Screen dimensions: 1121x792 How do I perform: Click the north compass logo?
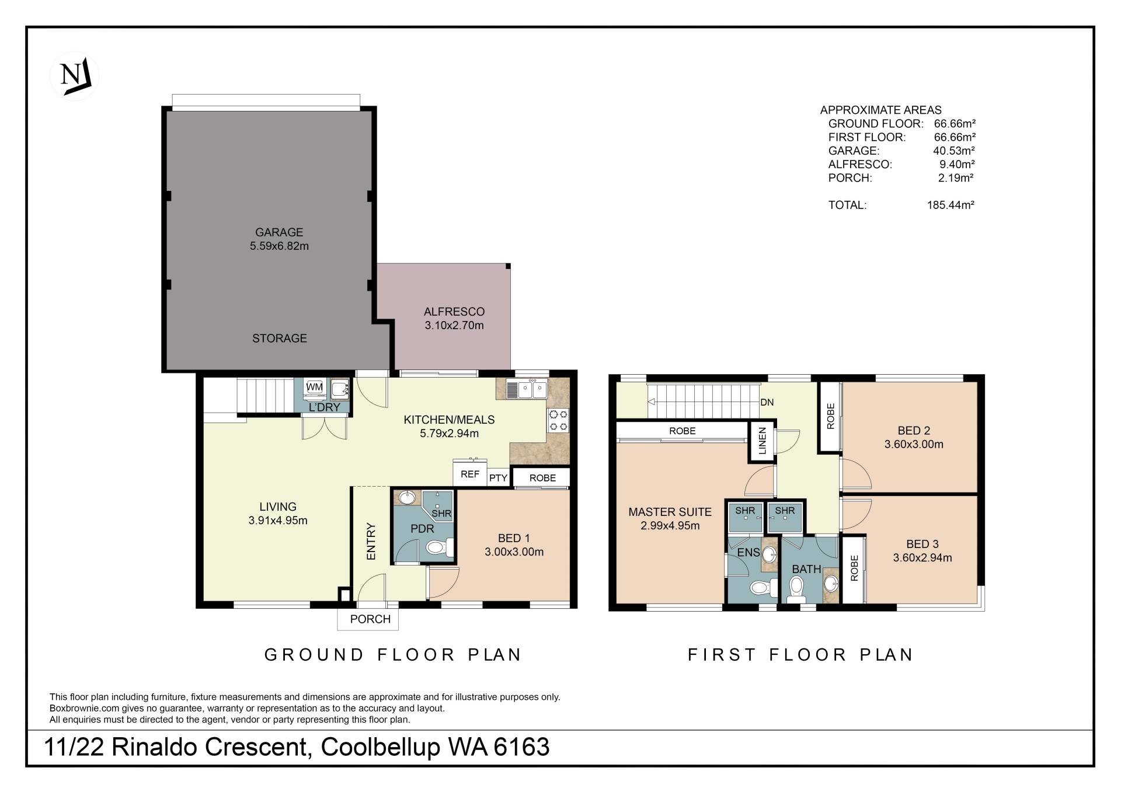75,76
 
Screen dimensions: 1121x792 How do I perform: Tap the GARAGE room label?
279,232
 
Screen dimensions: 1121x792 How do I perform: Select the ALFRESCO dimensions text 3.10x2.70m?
454,326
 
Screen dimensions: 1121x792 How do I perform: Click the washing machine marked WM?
315,388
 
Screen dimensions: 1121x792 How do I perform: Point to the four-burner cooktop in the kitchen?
558,421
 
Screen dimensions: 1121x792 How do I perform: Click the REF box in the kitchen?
470,474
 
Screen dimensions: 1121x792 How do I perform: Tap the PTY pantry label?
499,478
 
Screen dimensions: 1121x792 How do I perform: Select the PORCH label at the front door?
370,619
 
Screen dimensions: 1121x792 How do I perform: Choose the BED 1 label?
514,538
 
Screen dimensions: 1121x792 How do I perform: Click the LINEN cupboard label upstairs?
762,441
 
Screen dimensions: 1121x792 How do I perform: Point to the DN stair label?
767,403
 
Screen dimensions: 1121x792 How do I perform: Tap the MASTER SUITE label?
670,512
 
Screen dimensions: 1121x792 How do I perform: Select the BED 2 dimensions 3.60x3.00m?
914,444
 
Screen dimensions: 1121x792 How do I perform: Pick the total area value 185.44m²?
951,205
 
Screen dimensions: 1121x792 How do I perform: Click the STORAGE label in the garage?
280,339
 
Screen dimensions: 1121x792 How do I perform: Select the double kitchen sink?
526,389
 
